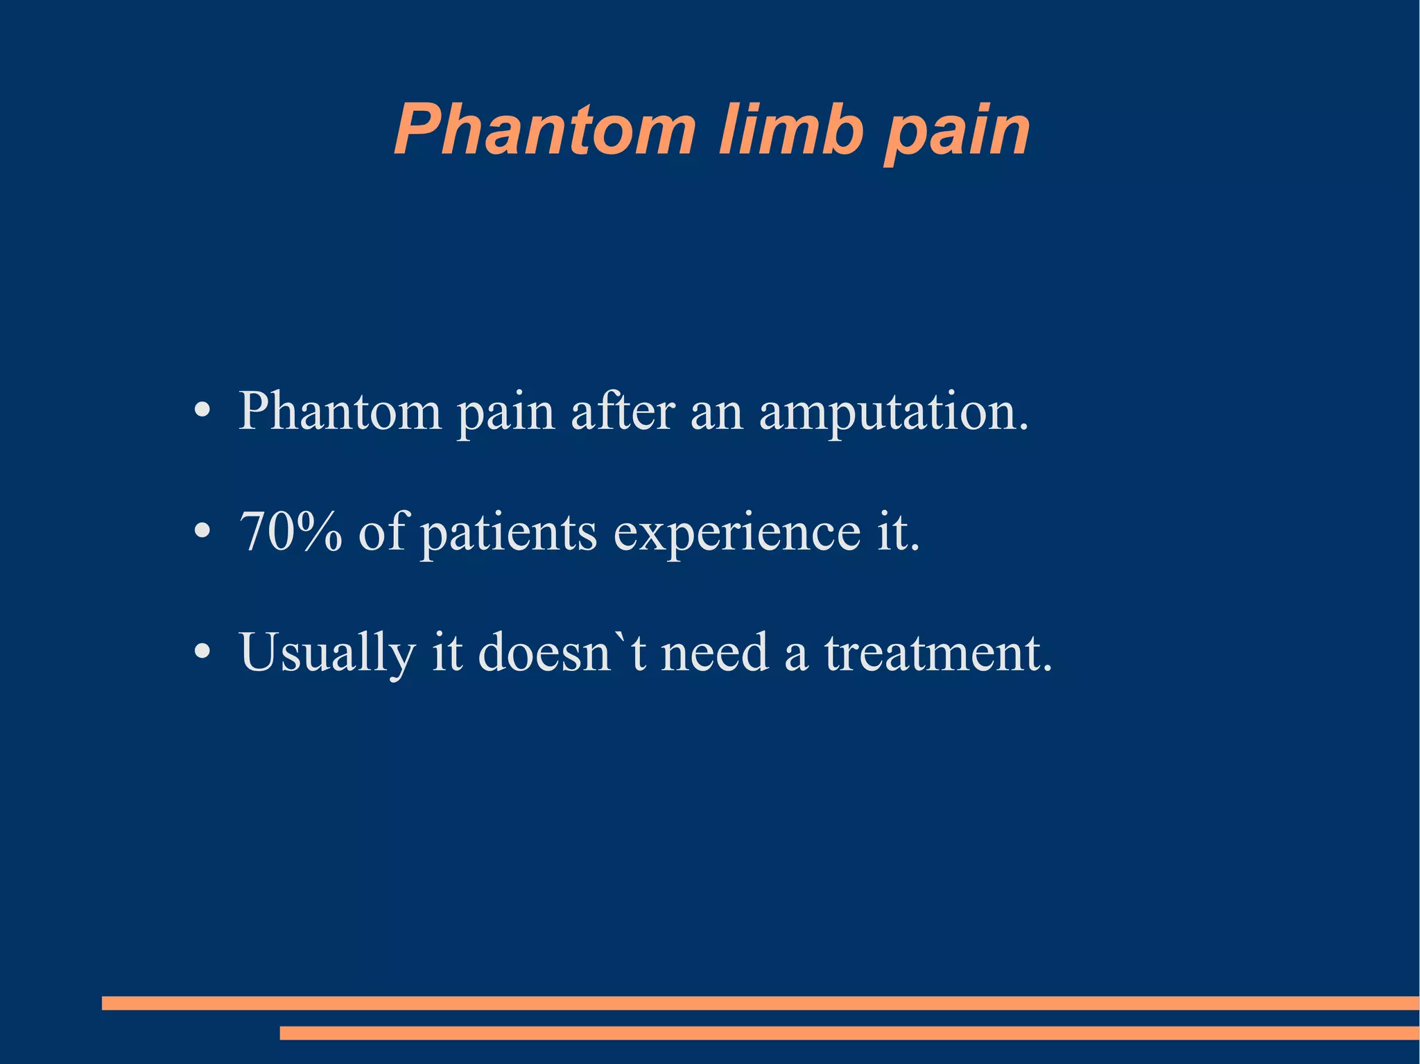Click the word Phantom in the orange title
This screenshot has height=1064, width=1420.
pyautogui.click(x=544, y=130)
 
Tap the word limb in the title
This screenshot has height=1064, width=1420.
pyautogui.click(x=790, y=130)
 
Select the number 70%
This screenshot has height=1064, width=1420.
pyautogui.click(x=291, y=532)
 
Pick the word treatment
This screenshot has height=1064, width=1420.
pyautogui.click(x=938, y=654)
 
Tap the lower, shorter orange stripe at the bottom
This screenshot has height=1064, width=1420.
pyautogui.click(x=849, y=1033)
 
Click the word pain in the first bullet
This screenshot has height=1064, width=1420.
pyautogui.click(x=506, y=415)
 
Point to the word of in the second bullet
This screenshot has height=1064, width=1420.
pyautogui.click(x=382, y=532)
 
